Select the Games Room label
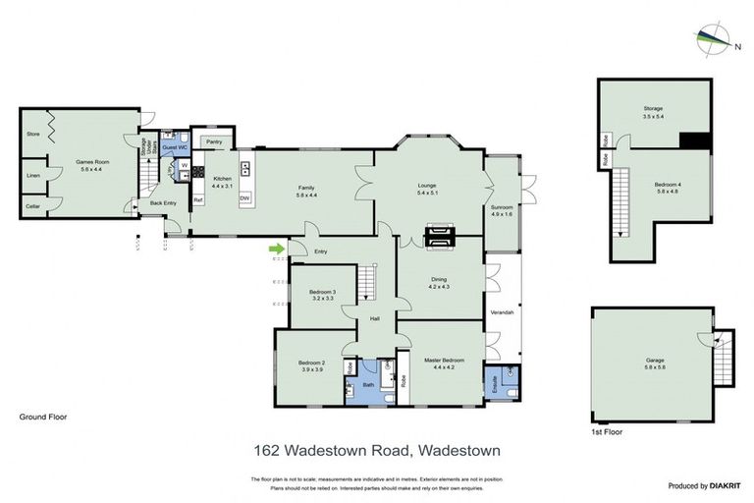(x=89, y=164)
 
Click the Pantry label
(x=214, y=142)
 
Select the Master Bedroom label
(x=444, y=361)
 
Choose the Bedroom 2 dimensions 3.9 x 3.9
(x=311, y=369)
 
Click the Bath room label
(x=368, y=385)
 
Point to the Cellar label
(x=33, y=206)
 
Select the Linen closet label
(x=33, y=176)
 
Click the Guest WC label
(x=175, y=146)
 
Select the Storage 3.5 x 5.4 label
(x=653, y=111)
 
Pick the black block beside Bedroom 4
(x=694, y=141)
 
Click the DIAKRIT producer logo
(x=704, y=484)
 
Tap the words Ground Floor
(x=42, y=417)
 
